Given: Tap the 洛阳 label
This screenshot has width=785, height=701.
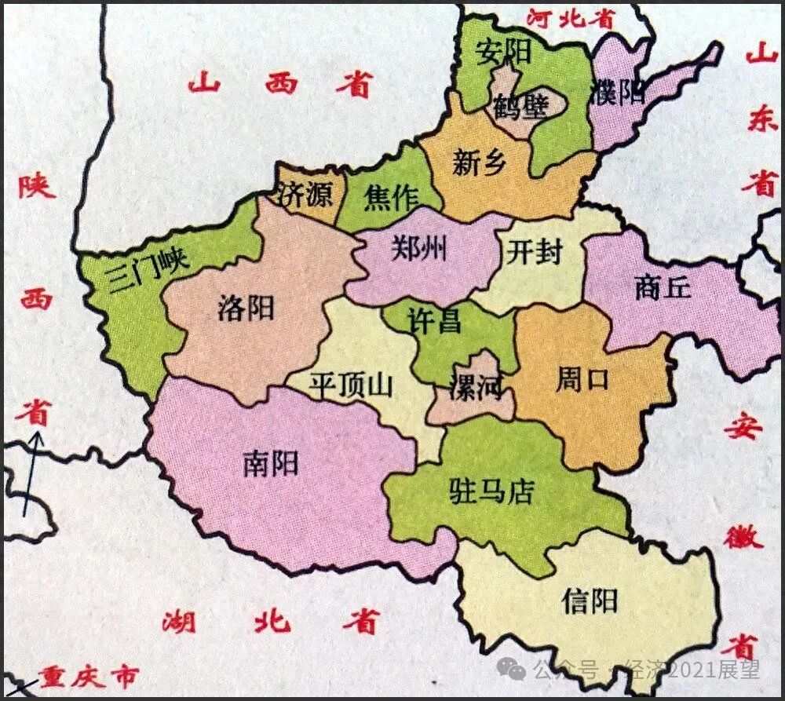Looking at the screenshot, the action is pos(246,308).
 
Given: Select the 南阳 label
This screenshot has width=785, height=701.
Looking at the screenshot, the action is pos(271,464).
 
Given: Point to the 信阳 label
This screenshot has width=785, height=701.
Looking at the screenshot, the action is pos(590,601).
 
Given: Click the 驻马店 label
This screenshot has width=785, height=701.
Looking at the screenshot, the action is pos(491,491).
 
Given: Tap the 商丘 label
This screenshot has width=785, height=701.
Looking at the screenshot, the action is pos(663,288).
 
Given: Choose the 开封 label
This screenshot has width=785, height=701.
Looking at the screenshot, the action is pos(535,253).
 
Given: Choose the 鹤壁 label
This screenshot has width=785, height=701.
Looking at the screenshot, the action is pos(520,106).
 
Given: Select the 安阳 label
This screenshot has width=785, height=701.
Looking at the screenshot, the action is pos(504,53).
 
